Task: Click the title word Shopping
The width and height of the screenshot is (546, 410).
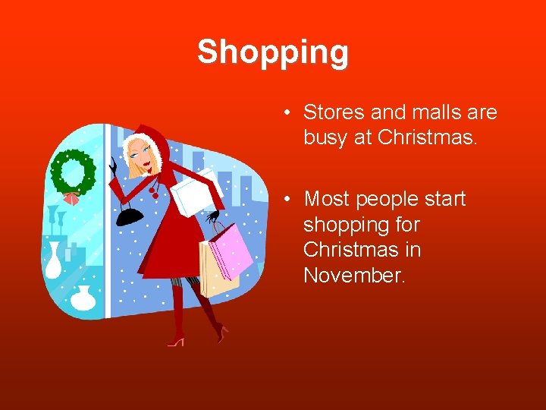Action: (x=273, y=52)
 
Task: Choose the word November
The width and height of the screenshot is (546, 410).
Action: (x=354, y=276)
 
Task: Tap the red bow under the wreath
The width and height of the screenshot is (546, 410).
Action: (x=71, y=199)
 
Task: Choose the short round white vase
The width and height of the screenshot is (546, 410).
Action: (x=83, y=298)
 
